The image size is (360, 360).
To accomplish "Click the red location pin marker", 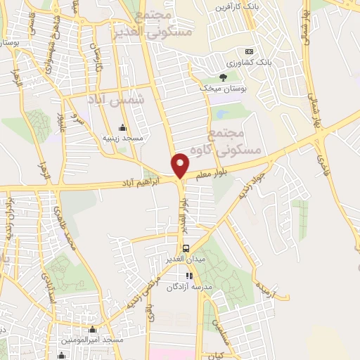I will [181, 165].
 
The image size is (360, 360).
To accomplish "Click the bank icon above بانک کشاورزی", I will [248, 52].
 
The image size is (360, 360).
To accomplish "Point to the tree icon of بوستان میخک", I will [223, 77].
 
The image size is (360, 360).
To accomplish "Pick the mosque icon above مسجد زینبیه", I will [123, 127].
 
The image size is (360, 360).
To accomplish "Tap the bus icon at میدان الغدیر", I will [186, 248].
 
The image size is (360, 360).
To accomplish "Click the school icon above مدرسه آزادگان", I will [188, 275].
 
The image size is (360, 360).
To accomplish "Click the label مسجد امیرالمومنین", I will [94, 340].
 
